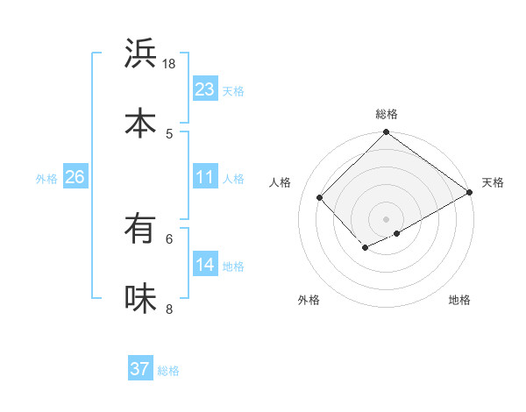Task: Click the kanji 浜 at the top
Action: coord(140,54)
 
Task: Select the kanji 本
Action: coord(140,123)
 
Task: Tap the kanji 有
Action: coord(140,230)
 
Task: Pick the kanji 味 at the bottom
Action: coord(140,298)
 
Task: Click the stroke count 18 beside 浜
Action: coord(169,64)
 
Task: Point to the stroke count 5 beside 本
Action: coord(169,133)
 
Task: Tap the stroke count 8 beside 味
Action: coord(169,309)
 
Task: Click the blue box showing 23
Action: coord(205,89)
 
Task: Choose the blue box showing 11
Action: coord(205,177)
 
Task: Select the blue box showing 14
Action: coord(205,265)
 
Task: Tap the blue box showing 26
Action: coord(75,177)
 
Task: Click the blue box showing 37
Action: coord(140,369)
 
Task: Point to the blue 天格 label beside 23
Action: coord(233,90)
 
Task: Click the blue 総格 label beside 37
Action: coord(168,370)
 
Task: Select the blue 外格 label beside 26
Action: coord(46,178)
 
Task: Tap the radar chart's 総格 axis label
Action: coord(386,114)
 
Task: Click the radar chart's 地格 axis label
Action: coord(459,300)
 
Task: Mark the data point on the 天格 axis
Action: coord(470,193)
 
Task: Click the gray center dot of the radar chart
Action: coord(386,218)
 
